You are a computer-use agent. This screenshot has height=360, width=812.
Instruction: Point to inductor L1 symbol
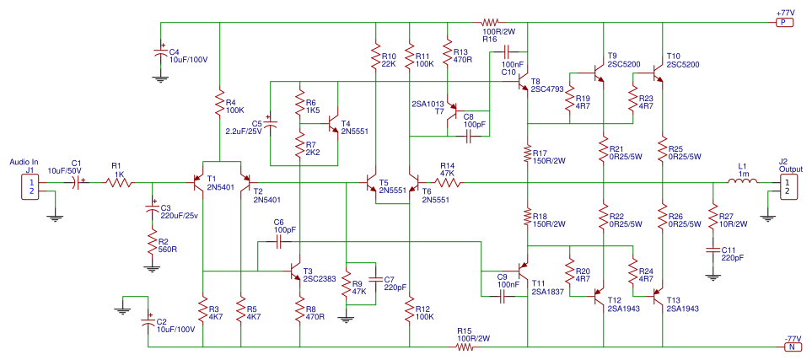tap(743, 181)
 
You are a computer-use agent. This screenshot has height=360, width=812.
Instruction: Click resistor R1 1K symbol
tap(119, 181)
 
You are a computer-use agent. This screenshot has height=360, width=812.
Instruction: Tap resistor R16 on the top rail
tap(491, 24)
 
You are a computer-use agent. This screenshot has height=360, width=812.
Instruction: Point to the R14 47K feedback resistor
tap(448, 181)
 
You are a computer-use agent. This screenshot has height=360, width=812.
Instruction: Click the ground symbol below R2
tap(153, 267)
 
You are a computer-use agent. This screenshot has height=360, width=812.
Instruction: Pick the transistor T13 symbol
tap(658, 296)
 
